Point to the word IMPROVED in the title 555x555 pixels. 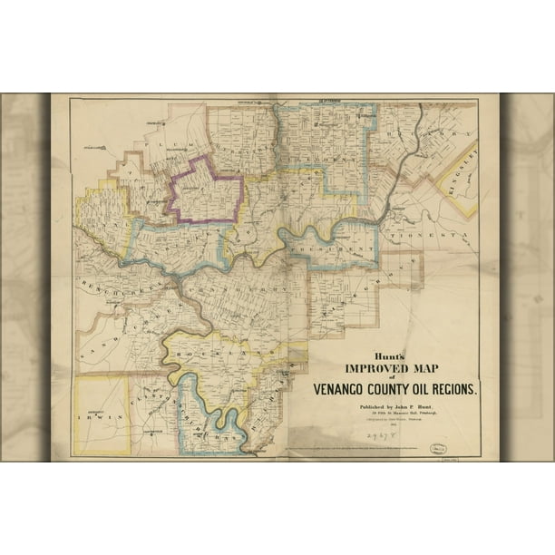click(x=371, y=368)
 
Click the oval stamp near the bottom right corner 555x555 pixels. click(x=439, y=447)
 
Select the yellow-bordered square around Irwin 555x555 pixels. click(x=102, y=414)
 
